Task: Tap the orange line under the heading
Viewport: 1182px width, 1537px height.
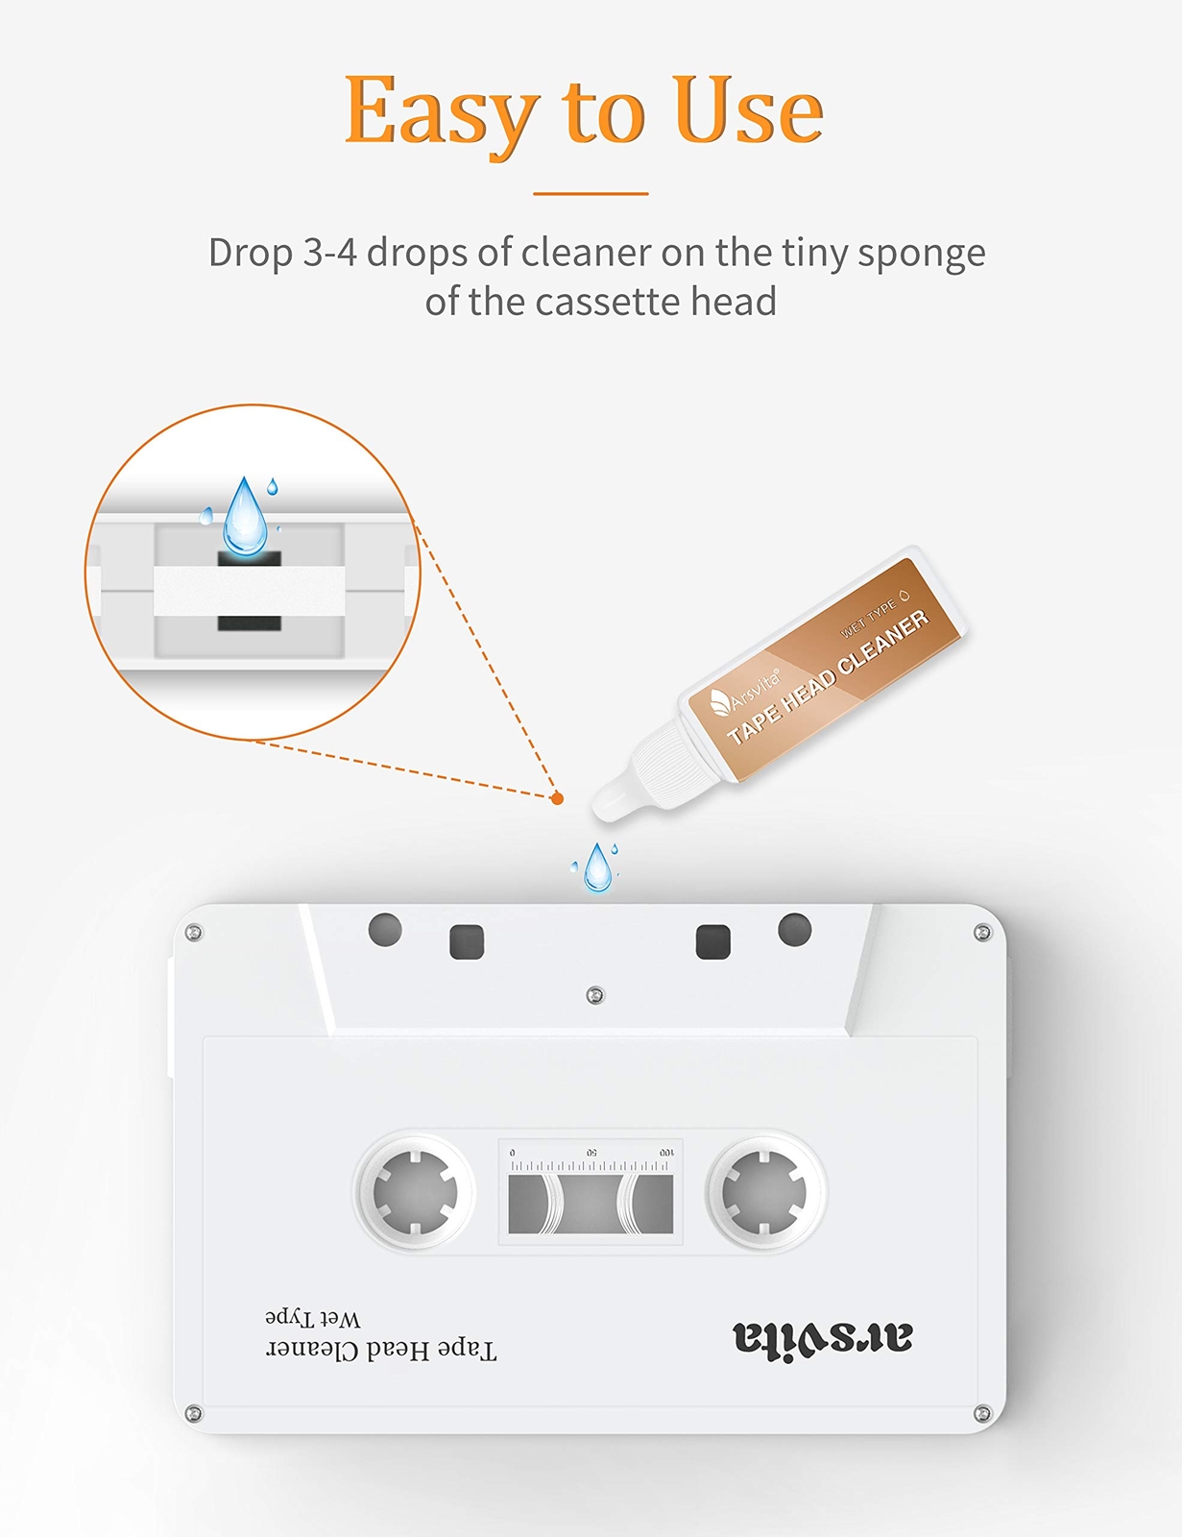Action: (591, 194)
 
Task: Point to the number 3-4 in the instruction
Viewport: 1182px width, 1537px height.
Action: (329, 253)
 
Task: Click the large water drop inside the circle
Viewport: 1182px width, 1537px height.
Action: (245, 519)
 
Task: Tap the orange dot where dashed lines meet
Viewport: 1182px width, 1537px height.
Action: (557, 798)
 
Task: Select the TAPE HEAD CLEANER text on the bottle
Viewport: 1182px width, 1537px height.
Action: (827, 677)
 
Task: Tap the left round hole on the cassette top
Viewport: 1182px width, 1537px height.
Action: (385, 929)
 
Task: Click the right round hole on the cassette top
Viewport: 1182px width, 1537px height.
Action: (794, 929)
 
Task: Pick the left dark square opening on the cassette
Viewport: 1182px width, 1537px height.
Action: (467, 942)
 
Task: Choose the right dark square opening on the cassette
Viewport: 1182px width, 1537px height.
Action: (712, 942)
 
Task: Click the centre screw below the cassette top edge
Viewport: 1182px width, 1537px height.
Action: (595, 995)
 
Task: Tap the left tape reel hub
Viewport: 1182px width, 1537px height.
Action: (415, 1192)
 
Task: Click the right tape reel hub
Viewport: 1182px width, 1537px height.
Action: (764, 1192)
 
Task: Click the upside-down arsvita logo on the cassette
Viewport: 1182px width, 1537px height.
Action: (822, 1338)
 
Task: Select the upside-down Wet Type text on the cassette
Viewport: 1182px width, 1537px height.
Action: (313, 1317)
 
